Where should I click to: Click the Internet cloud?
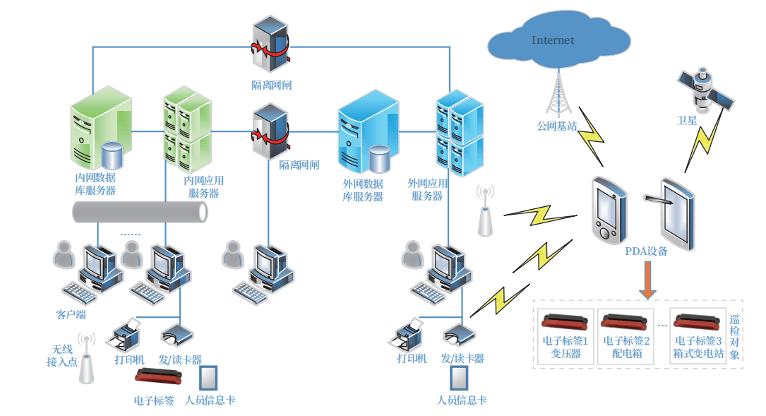click(x=555, y=41)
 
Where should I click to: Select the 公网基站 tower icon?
click(x=561, y=95)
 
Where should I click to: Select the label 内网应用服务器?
click(x=203, y=186)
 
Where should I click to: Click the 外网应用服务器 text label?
click(x=428, y=189)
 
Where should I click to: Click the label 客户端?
click(x=71, y=314)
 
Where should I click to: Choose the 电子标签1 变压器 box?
click(x=565, y=336)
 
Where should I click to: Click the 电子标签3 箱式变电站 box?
click(x=698, y=336)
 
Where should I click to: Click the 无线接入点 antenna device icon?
click(x=86, y=359)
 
